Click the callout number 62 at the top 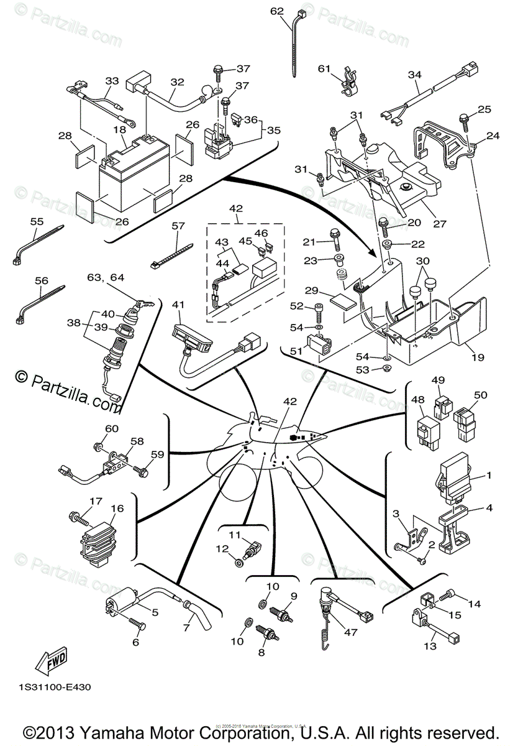(277, 11)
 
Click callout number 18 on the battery (120, 129)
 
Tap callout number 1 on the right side (489, 476)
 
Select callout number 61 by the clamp (324, 68)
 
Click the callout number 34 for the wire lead (415, 75)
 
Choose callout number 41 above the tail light (179, 305)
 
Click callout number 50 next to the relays (481, 395)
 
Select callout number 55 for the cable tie (37, 221)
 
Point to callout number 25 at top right (484, 109)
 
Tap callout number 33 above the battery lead (111, 81)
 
